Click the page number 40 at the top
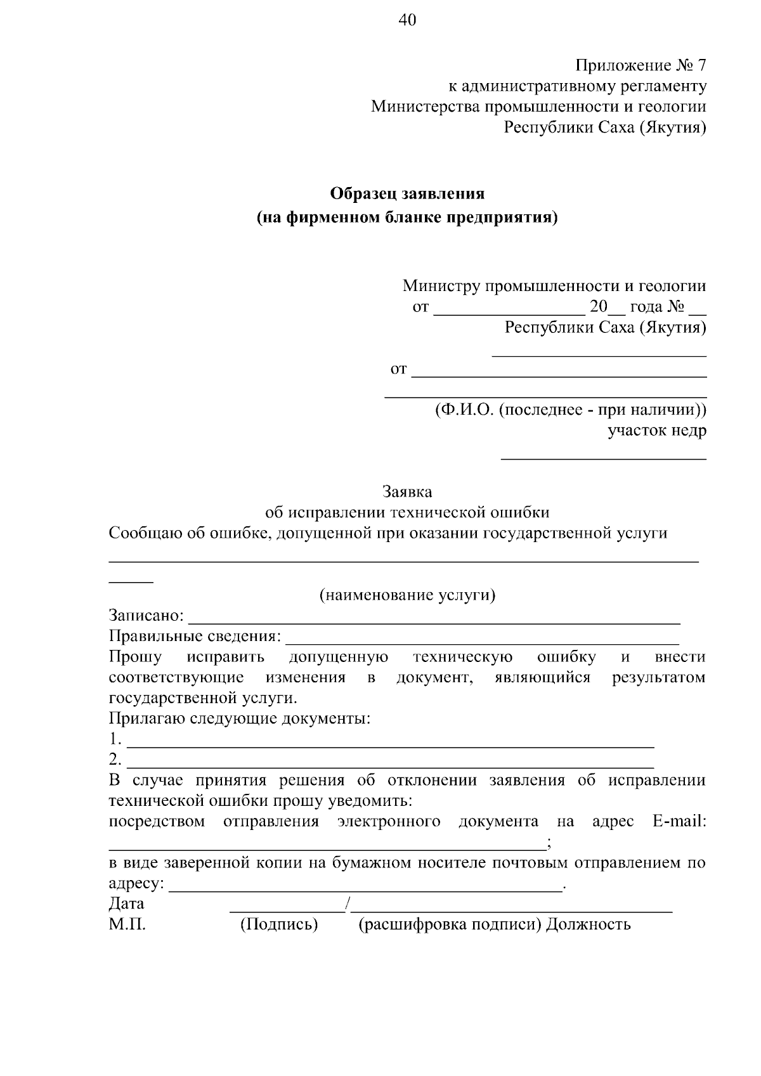tap(407, 20)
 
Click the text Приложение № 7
tap(641, 66)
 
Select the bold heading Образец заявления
tap(407, 193)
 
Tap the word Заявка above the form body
tap(407, 491)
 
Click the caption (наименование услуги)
tap(407, 595)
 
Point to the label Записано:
tap(146, 616)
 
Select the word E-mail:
tap(679, 822)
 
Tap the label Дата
tap(126, 904)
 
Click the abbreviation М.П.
tap(127, 924)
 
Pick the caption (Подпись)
tap(278, 924)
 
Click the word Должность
tap(589, 924)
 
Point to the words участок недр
tap(657, 431)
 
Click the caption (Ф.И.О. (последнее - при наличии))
tap(570, 410)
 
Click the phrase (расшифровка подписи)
tap(450, 924)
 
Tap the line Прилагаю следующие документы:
tap(239, 719)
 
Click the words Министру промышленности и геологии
tap(554, 286)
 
